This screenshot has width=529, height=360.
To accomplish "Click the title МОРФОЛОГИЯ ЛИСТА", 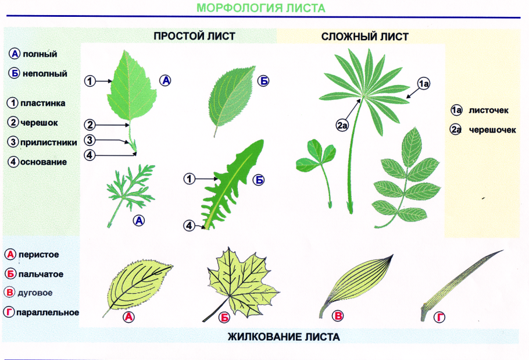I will (x=261, y=8).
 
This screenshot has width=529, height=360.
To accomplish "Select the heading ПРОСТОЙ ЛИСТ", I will (x=194, y=36).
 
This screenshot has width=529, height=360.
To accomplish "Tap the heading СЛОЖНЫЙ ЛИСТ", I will (x=364, y=37).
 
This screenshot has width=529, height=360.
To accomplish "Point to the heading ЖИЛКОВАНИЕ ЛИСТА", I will (x=284, y=337).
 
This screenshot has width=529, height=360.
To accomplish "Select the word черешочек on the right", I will (x=492, y=130).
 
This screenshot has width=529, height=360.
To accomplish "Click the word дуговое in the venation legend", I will (x=35, y=293).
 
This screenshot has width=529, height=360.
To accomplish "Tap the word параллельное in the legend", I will (x=48, y=312).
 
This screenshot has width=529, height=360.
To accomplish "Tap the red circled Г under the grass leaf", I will (x=440, y=317).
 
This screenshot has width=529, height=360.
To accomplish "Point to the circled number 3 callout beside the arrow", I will (x=90, y=140).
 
